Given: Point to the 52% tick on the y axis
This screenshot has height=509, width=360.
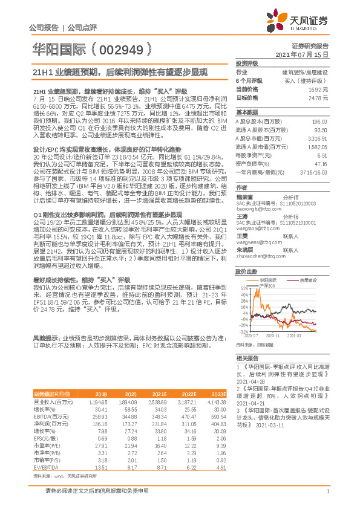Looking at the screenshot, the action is click(244, 272).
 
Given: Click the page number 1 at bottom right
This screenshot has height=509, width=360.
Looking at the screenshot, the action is click(327, 498).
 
